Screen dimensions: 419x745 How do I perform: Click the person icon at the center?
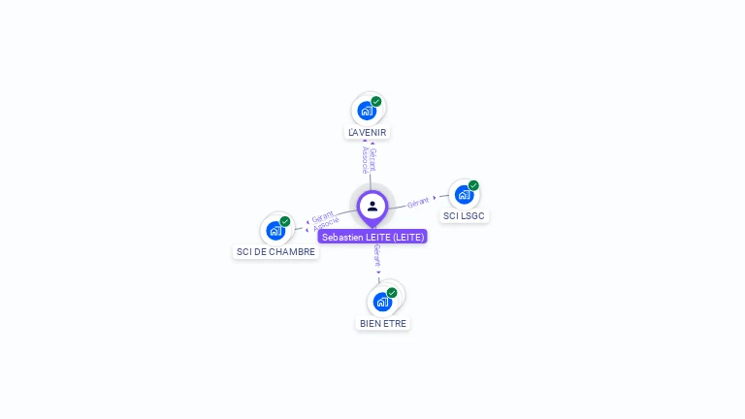[x=372, y=206]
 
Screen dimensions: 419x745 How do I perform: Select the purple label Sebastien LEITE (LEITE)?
[x=372, y=237]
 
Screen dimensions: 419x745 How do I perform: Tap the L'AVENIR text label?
[x=369, y=132]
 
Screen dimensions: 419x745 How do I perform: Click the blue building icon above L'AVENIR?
[x=367, y=110]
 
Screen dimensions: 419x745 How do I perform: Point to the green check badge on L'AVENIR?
[x=376, y=102]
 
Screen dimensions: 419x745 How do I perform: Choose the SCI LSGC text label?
[x=464, y=215]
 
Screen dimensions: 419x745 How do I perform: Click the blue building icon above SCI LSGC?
[x=464, y=194]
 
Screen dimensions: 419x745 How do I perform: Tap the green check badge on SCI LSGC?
[x=473, y=185]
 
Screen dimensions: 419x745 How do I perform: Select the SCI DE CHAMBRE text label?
[x=276, y=252]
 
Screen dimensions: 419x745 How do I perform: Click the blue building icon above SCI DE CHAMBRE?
[x=275, y=231]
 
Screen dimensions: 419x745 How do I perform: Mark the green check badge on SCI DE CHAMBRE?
[x=285, y=222]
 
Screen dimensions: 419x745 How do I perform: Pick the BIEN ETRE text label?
[x=383, y=323]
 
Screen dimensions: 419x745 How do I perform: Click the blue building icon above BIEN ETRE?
[x=382, y=302]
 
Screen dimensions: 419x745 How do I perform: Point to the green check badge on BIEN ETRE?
[x=392, y=293]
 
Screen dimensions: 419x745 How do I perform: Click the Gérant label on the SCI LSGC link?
[x=418, y=202]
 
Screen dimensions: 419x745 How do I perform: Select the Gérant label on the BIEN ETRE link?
[x=377, y=256]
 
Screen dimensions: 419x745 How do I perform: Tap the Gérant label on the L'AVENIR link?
[x=373, y=159]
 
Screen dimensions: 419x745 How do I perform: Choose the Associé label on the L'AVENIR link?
[x=365, y=160]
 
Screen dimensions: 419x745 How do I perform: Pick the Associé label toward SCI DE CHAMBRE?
[x=326, y=225]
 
